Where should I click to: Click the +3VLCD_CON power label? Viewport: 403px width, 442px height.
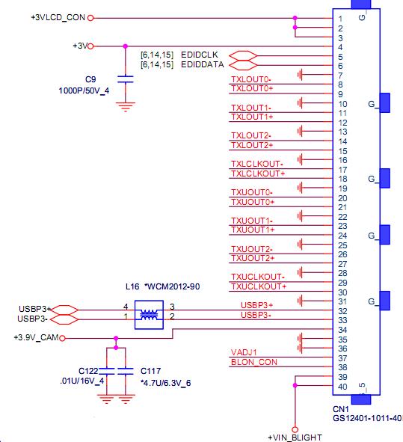click(x=58, y=17)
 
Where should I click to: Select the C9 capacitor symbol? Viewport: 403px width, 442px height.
click(x=126, y=79)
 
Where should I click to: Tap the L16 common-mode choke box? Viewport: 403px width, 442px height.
click(x=149, y=315)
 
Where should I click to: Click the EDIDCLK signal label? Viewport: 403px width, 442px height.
click(x=199, y=55)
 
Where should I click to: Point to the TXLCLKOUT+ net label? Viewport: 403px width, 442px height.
click(x=258, y=174)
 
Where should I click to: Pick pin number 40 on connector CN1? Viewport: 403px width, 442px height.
click(x=342, y=387)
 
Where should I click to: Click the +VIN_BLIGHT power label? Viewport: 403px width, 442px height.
click(x=295, y=438)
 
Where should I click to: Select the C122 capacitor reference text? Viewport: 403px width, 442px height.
click(x=88, y=371)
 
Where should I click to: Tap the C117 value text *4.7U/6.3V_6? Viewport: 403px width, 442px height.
click(x=166, y=383)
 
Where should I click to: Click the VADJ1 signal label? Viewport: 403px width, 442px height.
click(x=244, y=352)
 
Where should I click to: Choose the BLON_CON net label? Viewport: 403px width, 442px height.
click(x=254, y=362)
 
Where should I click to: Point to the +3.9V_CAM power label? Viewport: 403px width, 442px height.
click(x=36, y=337)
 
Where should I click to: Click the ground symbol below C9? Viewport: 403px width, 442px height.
click(x=126, y=107)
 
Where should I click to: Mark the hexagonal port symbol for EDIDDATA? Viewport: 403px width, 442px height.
click(x=243, y=65)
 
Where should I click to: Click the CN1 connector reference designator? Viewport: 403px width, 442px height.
click(x=341, y=409)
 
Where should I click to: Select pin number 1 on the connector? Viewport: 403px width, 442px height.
click(x=340, y=19)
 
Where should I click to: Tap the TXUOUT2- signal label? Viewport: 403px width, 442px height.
click(x=252, y=249)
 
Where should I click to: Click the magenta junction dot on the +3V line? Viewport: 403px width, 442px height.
click(x=126, y=46)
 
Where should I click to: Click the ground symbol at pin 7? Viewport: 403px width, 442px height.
click(x=300, y=75)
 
